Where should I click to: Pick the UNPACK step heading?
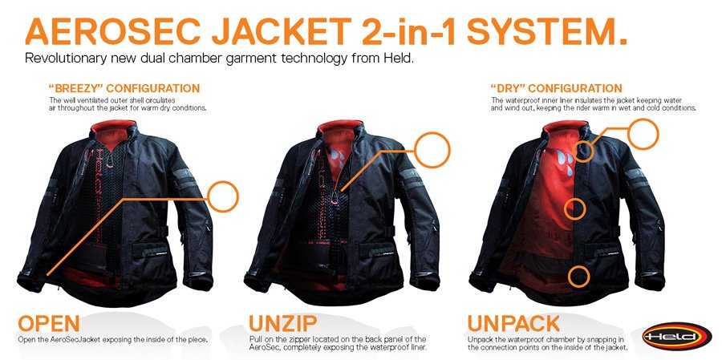point(514,323)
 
